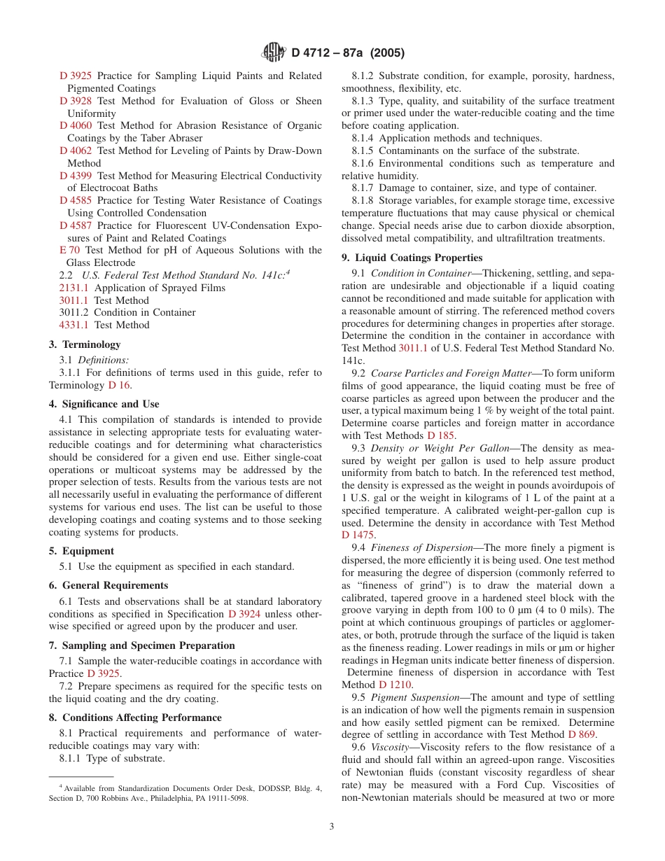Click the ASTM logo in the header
tap(273, 52)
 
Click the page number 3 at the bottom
tap(332, 826)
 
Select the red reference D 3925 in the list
tap(76, 76)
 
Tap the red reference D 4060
tap(76, 126)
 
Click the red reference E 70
tap(70, 251)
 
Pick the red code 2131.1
tap(73, 288)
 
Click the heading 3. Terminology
tap(85, 344)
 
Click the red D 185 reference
tap(441, 435)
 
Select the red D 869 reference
tap(582, 734)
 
